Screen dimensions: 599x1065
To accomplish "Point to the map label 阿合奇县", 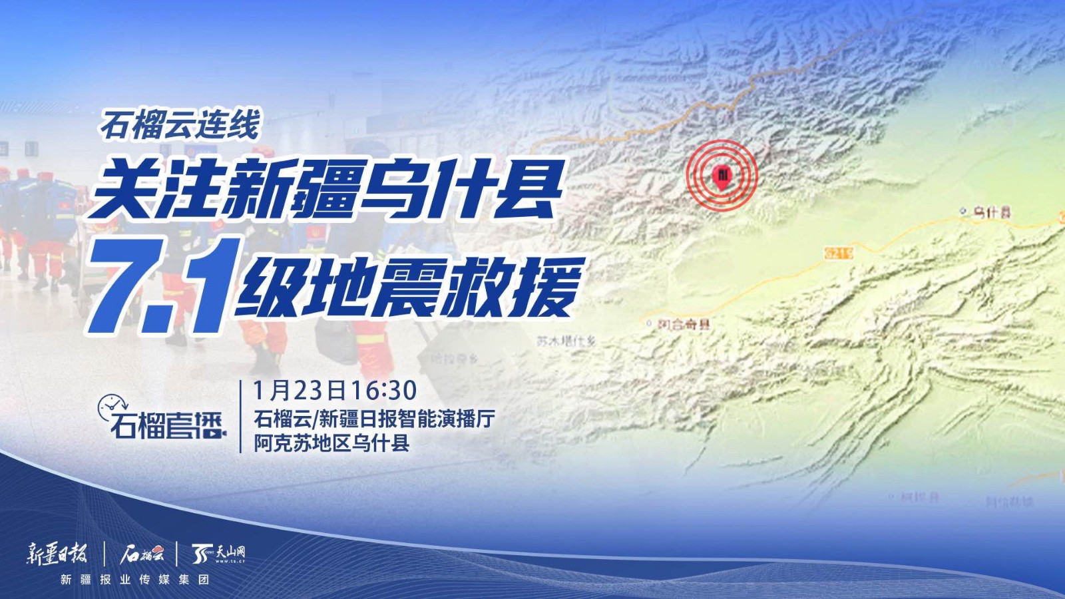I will pos(684,324).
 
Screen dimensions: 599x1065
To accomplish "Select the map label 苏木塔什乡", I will pos(566,341).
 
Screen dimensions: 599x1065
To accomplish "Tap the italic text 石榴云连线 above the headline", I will pos(180,124).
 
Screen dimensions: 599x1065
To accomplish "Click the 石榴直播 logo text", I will pos(166,425).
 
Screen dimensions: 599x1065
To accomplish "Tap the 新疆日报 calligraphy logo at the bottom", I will pos(57,553).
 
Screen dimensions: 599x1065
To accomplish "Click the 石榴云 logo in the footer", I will pos(141,553).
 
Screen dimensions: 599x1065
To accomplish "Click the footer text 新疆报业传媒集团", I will pos(135,580).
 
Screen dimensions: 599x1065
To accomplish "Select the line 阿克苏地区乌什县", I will pos(331,443).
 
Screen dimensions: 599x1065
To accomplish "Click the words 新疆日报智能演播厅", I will pos(407,419).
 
